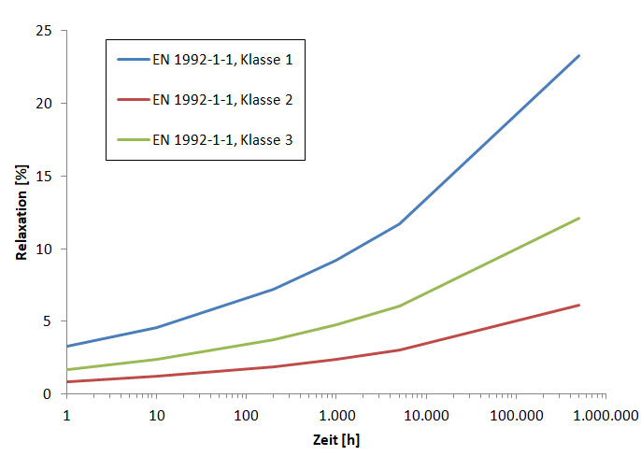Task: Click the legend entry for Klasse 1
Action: point(229,60)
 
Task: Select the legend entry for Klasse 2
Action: point(229,99)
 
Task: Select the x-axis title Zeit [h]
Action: point(335,439)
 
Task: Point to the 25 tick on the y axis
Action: point(43,31)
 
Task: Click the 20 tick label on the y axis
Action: point(43,104)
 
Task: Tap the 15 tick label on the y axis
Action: point(43,176)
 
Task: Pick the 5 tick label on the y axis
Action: point(47,321)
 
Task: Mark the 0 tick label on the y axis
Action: point(47,393)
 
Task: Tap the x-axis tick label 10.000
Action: point(426,414)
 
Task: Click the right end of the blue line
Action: point(579,55)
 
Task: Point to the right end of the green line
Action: point(579,218)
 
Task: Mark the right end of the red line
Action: point(579,305)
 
